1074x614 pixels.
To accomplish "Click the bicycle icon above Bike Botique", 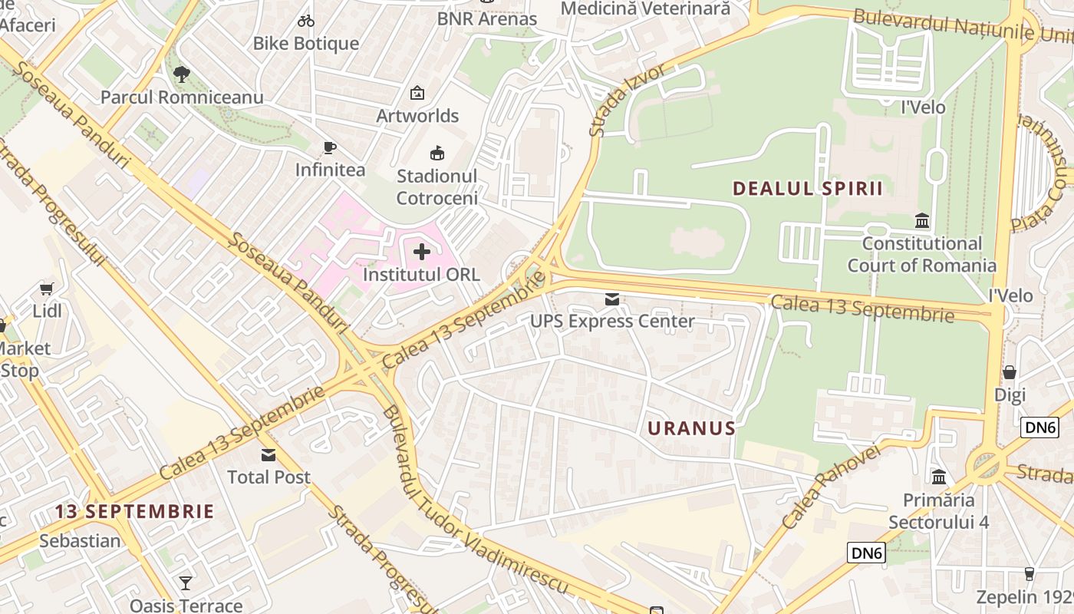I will tap(306, 21).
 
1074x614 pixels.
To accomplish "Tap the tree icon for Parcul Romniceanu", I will tap(182, 74).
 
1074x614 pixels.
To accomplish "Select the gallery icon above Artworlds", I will tap(417, 93).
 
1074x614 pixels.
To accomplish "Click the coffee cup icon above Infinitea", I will tap(330, 147).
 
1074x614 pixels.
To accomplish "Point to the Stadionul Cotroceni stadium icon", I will tap(437, 153).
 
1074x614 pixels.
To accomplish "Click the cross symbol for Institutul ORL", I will tap(422, 251).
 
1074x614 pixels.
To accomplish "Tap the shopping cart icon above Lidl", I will tap(47, 289).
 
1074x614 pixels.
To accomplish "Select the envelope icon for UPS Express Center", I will tap(612, 299).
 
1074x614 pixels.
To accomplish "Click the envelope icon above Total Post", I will tap(268, 454).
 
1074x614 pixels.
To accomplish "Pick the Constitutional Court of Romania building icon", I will tap(922, 221).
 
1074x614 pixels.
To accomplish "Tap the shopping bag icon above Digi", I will tap(1010, 372).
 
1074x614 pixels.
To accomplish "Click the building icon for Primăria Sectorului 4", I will tap(939, 477).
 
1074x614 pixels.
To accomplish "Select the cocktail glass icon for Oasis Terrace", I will tap(186, 583).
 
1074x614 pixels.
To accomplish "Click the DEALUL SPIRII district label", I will tap(808, 189).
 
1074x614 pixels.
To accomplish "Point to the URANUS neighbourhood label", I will tap(692, 428).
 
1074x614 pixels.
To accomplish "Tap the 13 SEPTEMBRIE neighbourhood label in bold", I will tap(134, 511).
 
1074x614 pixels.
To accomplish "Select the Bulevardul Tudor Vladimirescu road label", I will tap(476, 499).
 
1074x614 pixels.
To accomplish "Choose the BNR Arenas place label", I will tap(486, 18).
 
